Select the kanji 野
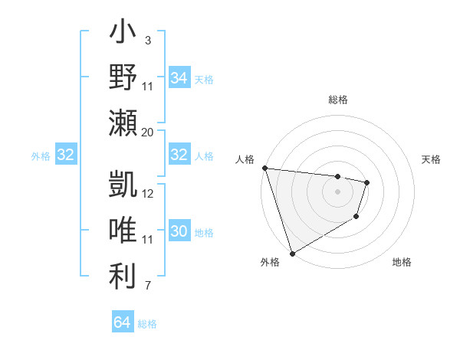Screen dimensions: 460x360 (x=123, y=78)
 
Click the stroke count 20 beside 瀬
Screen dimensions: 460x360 (x=147, y=132)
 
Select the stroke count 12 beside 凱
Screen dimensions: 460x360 (x=148, y=194)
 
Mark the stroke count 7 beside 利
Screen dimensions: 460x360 (x=147, y=286)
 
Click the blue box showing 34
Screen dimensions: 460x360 (x=179, y=78)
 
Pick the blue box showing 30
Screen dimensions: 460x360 (x=179, y=231)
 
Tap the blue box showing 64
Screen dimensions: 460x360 (x=122, y=322)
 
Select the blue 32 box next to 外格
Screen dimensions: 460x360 (x=65, y=155)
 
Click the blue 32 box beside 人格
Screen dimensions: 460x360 (x=179, y=155)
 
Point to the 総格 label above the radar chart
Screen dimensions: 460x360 (x=337, y=100)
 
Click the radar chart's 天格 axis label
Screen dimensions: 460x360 (x=431, y=159)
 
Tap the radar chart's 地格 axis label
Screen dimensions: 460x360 (x=402, y=262)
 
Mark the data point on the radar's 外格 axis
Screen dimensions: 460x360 (x=292, y=253)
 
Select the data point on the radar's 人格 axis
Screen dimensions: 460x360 (x=264, y=168)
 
